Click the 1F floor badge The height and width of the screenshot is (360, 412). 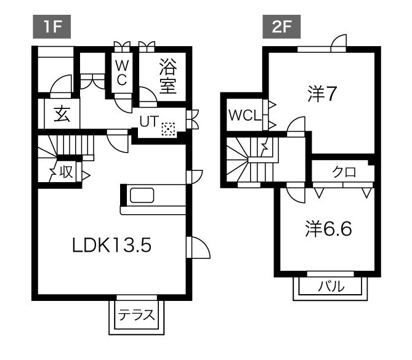(x=52, y=28)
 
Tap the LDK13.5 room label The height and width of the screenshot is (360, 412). (x=111, y=245)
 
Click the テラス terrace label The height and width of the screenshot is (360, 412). (x=136, y=316)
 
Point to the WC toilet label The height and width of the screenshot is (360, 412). (x=121, y=73)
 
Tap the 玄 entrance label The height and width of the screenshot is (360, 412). (x=60, y=114)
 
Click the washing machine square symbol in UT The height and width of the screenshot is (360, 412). (x=168, y=129)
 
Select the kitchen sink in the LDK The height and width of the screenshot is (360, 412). (x=142, y=196)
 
